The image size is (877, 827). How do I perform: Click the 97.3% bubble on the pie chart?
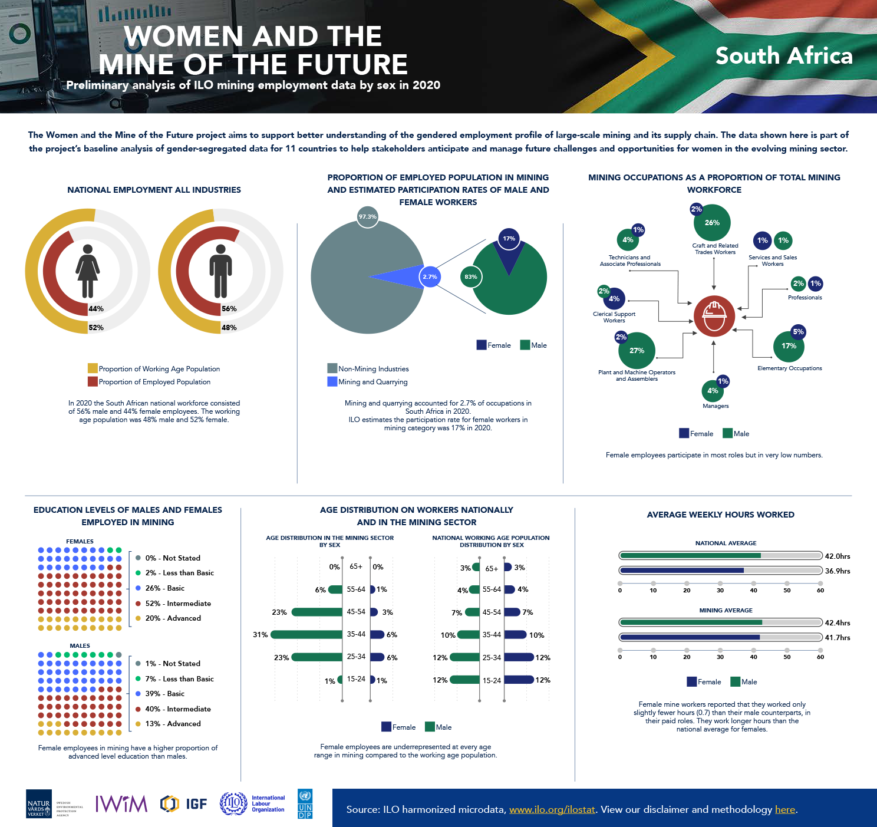(x=367, y=217)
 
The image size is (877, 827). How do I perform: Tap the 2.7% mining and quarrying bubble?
(x=430, y=276)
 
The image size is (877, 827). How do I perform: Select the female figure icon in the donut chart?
(x=87, y=271)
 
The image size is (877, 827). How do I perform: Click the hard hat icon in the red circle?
(x=714, y=316)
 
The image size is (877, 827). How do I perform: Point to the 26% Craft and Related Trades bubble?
(x=712, y=223)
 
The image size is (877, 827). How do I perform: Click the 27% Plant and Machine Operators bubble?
(x=637, y=350)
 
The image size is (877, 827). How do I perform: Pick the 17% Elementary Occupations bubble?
(x=789, y=346)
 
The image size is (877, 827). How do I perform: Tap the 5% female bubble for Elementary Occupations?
(x=798, y=332)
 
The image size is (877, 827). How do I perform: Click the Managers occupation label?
(x=716, y=406)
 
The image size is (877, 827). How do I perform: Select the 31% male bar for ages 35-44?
(x=306, y=635)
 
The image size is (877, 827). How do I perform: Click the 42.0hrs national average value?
(x=837, y=556)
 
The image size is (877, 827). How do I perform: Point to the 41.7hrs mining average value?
(x=837, y=638)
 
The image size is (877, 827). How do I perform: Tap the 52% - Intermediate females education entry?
(x=178, y=604)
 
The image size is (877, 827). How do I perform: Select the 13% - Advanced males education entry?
(x=173, y=724)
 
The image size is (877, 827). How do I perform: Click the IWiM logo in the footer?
(x=121, y=803)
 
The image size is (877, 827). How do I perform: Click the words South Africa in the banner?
(x=784, y=56)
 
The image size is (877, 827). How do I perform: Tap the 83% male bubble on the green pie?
(x=470, y=277)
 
